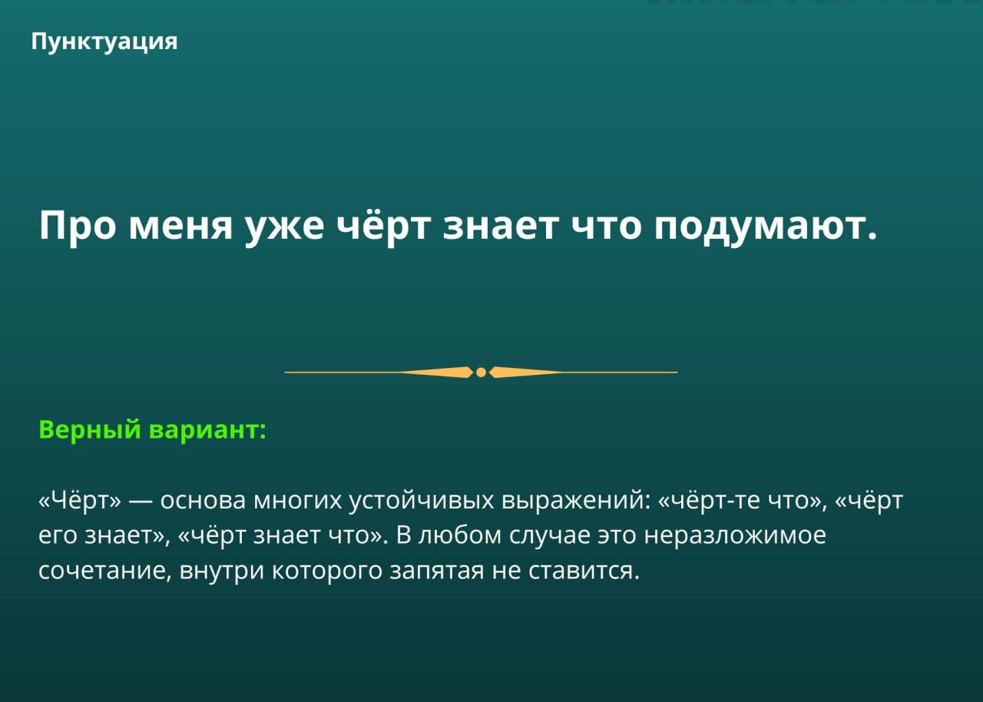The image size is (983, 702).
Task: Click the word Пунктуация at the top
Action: tap(104, 42)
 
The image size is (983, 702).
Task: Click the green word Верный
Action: tap(90, 429)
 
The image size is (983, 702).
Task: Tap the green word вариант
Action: tap(207, 430)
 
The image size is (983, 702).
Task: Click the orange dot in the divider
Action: tap(481, 372)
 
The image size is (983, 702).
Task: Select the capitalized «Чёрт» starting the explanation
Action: tap(80, 500)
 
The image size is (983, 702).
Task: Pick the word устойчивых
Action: tap(422, 501)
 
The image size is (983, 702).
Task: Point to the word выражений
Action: tap(576, 501)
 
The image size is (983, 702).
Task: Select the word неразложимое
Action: tap(735, 536)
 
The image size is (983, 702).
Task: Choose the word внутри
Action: tap(222, 571)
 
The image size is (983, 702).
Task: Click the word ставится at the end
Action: tap(584, 571)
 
